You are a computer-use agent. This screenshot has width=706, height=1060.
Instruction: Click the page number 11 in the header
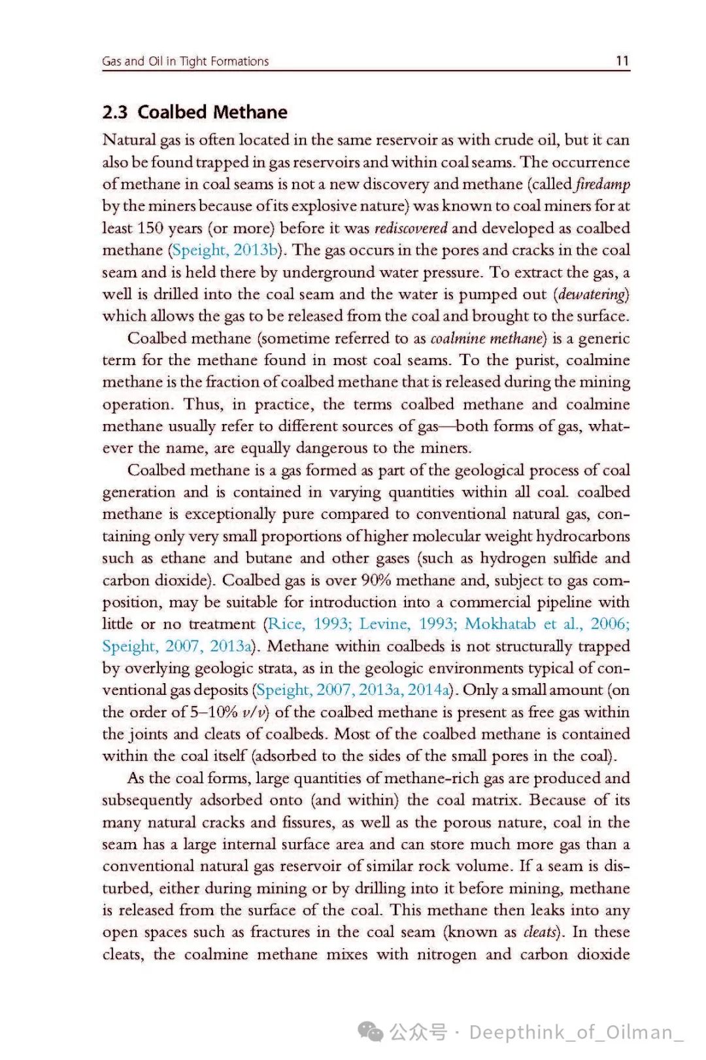pyautogui.click(x=622, y=61)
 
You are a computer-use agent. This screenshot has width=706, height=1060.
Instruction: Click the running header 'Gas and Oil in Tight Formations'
pyautogui.click(x=185, y=61)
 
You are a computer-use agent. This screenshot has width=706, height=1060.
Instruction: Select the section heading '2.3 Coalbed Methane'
pyautogui.click(x=195, y=112)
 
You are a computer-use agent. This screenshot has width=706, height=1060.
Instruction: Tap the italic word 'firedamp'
pyautogui.click(x=603, y=184)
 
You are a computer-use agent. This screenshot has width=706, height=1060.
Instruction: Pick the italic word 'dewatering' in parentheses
pyautogui.click(x=592, y=294)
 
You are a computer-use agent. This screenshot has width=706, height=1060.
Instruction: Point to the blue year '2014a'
pyautogui.click(x=429, y=690)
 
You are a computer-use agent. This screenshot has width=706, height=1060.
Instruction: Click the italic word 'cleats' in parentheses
pyautogui.click(x=541, y=932)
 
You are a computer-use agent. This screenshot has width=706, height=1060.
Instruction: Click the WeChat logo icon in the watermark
pyautogui.click(x=371, y=1032)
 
